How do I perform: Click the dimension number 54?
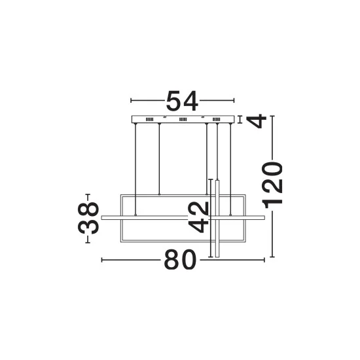[182, 101]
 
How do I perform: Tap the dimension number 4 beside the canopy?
[257, 121]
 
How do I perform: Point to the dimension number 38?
[88, 219]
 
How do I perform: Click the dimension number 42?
[198, 217]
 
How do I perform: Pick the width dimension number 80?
[181, 260]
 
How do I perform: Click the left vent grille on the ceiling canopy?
[149, 119]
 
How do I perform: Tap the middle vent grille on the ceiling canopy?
[183, 119]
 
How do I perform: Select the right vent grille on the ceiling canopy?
[216, 119]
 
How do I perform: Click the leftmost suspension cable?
[135, 170]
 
